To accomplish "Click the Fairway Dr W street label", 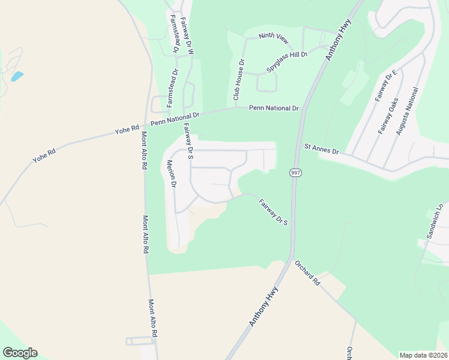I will click(187, 35).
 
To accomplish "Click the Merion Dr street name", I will click(172, 174).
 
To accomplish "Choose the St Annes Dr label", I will click(321, 149).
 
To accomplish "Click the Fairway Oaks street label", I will click(388, 115).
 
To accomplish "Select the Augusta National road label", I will click(406, 112).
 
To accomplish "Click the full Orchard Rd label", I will click(307, 272).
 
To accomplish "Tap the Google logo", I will click(20, 353).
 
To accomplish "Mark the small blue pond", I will click(17, 76).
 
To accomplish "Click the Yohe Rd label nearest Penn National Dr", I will click(127, 128).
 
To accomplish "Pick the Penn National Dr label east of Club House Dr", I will click(274, 108).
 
